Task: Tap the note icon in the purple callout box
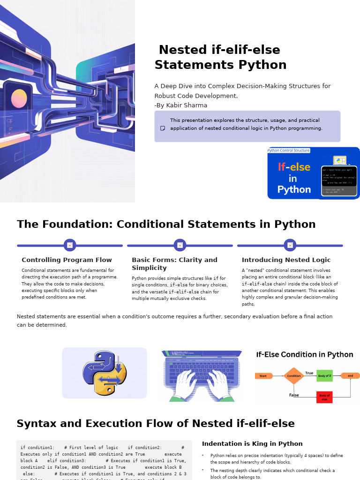[x=163, y=128]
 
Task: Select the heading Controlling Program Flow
[x=67, y=260]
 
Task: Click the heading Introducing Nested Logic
[x=286, y=260]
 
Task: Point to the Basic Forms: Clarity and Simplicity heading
[x=174, y=263]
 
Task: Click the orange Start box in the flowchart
[x=263, y=376]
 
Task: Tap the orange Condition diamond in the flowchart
[x=294, y=376]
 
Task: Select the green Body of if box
[x=324, y=376]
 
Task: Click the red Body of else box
[x=324, y=397]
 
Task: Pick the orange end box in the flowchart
[x=350, y=376]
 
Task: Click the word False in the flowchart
[x=294, y=395]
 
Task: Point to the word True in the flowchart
[x=309, y=373]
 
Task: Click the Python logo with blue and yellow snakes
[x=105, y=373]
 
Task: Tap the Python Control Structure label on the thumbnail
[x=289, y=150]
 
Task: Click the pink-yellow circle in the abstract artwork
[x=19, y=98]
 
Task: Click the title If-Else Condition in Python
[x=305, y=354]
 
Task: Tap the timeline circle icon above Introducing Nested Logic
[x=290, y=245]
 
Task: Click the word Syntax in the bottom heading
[x=36, y=424]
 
